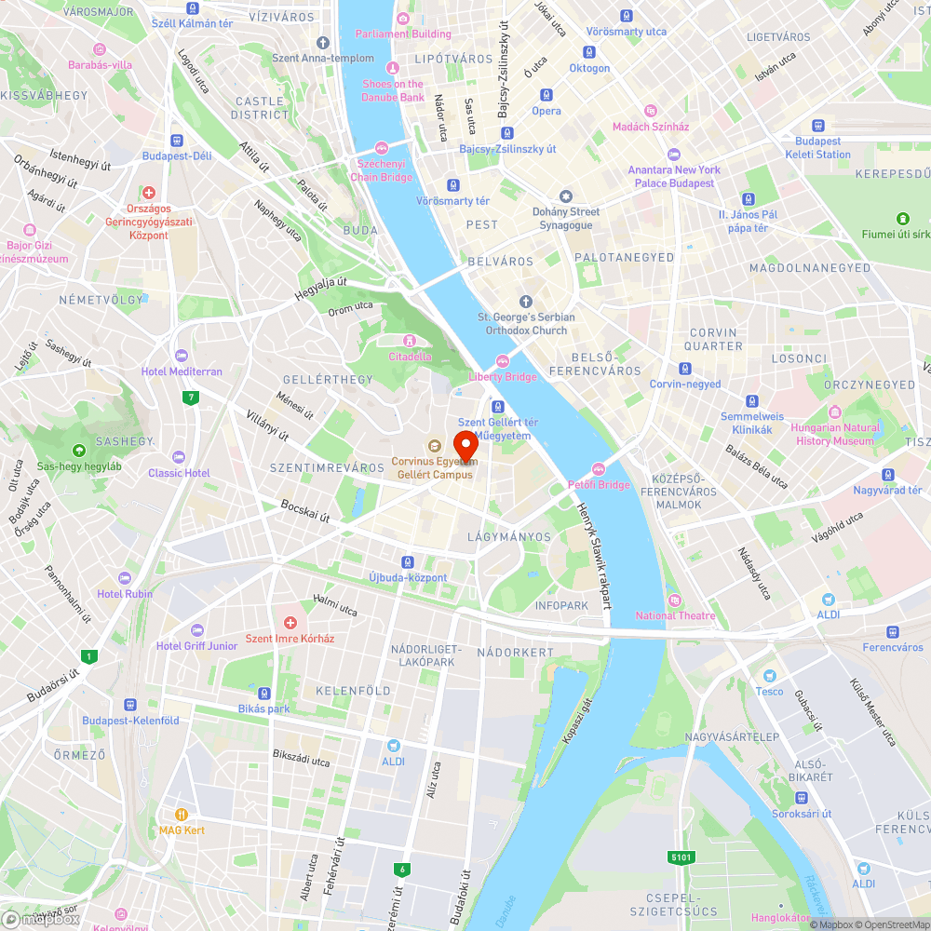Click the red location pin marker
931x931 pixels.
coord(465,444)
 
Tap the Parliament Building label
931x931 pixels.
coord(403,34)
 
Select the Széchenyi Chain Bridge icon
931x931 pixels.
coord(381,149)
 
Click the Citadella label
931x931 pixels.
coord(410,357)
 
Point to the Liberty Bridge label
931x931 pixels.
coord(502,377)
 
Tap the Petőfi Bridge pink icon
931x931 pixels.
coord(599,469)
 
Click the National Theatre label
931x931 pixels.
coord(675,615)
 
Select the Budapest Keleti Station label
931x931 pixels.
coord(817,148)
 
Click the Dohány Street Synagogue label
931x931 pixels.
coord(566,218)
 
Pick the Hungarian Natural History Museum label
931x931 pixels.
coord(835,435)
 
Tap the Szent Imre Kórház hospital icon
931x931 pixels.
coord(290,622)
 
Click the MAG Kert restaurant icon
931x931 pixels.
coord(182,814)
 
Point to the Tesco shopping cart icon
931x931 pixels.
coord(769,675)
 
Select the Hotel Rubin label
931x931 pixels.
coord(125,594)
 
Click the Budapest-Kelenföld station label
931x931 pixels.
coord(130,721)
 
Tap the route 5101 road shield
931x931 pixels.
coord(680,857)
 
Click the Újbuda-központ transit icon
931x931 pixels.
coord(407,561)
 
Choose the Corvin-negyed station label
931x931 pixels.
coord(685,384)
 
